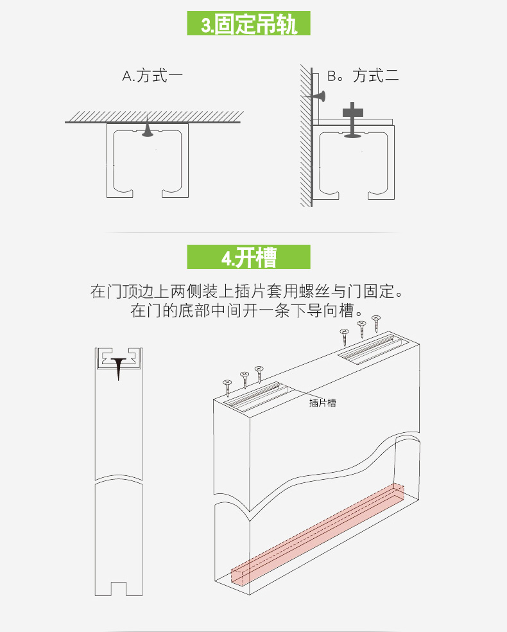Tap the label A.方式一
[x=153, y=76]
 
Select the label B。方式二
[x=363, y=76]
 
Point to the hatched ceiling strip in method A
[x=153, y=116]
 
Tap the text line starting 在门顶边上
[x=250, y=292]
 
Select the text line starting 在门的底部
[x=250, y=312]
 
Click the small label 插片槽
[x=322, y=403]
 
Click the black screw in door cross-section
[x=119, y=367]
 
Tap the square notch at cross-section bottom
[x=118, y=587]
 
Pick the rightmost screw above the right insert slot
[x=376, y=323]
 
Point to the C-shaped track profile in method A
[x=148, y=161]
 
